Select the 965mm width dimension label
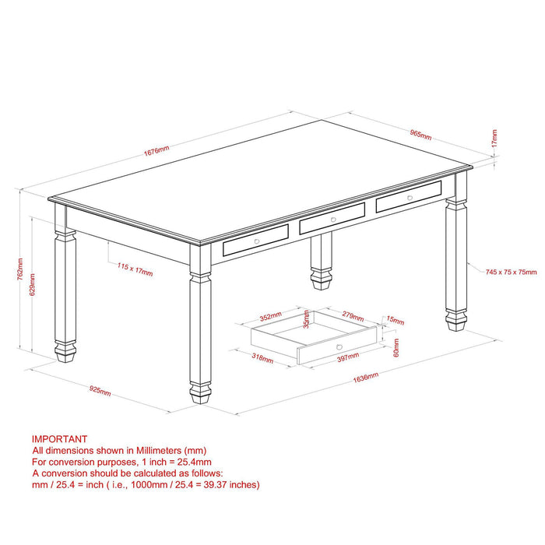420,134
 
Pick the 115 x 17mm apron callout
135,269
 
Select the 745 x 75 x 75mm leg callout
511,272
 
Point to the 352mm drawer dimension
270,317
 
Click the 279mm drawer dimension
353,316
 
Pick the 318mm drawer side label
262,359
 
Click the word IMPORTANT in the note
59,439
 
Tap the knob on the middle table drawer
332,220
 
